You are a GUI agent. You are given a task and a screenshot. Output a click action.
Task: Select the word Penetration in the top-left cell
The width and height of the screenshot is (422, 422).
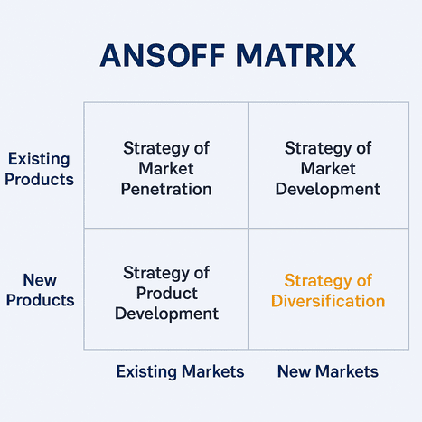[166, 189]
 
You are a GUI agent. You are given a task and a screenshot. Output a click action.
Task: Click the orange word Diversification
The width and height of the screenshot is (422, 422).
[328, 301]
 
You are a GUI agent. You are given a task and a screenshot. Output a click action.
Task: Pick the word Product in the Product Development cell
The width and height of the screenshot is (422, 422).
[166, 293]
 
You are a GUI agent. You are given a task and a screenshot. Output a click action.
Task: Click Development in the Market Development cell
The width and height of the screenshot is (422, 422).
[328, 189]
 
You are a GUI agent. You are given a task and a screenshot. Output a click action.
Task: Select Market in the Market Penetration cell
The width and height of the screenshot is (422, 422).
[166, 168]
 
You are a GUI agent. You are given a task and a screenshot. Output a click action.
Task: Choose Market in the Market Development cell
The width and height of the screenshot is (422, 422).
[328, 168]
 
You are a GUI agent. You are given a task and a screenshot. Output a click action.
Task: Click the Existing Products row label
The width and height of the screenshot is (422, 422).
[38, 169]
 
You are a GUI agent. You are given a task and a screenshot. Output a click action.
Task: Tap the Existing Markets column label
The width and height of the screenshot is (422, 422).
[180, 371]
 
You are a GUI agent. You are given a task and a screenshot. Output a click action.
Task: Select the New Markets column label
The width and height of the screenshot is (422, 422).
[327, 371]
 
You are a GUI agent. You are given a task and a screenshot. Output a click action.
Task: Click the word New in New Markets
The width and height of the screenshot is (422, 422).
[294, 371]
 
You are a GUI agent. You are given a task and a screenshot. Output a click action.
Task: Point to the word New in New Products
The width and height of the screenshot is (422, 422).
[38, 280]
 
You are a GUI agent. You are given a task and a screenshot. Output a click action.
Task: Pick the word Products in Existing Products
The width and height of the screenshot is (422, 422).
[38, 179]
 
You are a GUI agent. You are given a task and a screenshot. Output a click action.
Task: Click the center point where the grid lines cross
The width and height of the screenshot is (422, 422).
[248, 228]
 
